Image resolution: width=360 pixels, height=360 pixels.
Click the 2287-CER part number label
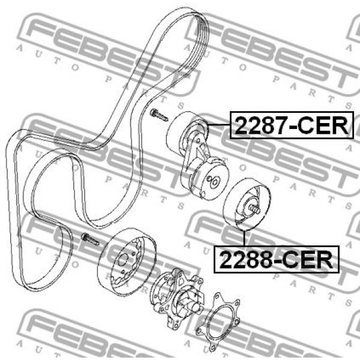click(292, 125)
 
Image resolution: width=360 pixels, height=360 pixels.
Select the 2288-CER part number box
click(277, 259)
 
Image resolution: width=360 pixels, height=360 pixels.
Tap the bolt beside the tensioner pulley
click(159, 115)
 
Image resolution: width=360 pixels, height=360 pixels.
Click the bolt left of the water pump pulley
click(90, 239)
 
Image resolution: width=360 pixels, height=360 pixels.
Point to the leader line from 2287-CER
click(219, 124)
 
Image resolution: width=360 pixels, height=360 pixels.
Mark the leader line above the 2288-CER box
click(244, 238)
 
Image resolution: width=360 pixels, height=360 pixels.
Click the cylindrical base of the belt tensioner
click(208, 178)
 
